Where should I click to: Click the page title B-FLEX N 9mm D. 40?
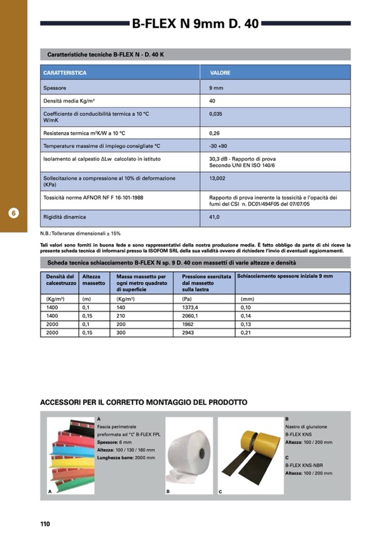pos(195,24)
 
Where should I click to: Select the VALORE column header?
pos(220,73)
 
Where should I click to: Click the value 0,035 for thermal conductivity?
pos(215,114)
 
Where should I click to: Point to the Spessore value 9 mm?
pos(216,88)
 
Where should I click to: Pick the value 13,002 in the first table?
pos(217,178)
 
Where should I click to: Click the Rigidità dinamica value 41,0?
pos(214,217)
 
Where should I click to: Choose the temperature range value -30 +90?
pos(218,146)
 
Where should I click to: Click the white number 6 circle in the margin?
pos(14,213)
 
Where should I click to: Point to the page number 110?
pos(45,524)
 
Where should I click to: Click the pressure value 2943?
pos(187,333)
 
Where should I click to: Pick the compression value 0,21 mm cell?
pos(246,333)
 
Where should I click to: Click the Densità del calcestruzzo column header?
pos(60,279)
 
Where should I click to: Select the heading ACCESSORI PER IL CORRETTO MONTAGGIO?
pos(143,403)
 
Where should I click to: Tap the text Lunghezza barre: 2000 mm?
pos(126,458)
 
